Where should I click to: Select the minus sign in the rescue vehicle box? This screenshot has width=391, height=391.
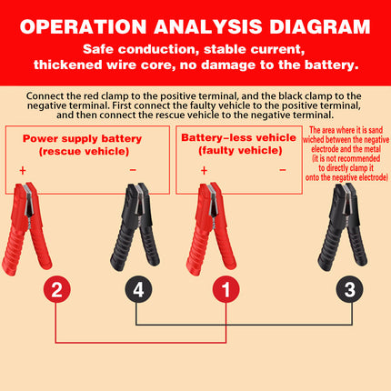pos(134,169)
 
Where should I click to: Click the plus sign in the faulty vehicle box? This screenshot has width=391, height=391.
pos(204,169)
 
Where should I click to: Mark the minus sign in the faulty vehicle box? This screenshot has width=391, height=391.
pos(282,169)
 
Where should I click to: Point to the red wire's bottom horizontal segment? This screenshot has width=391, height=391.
pos(136,342)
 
